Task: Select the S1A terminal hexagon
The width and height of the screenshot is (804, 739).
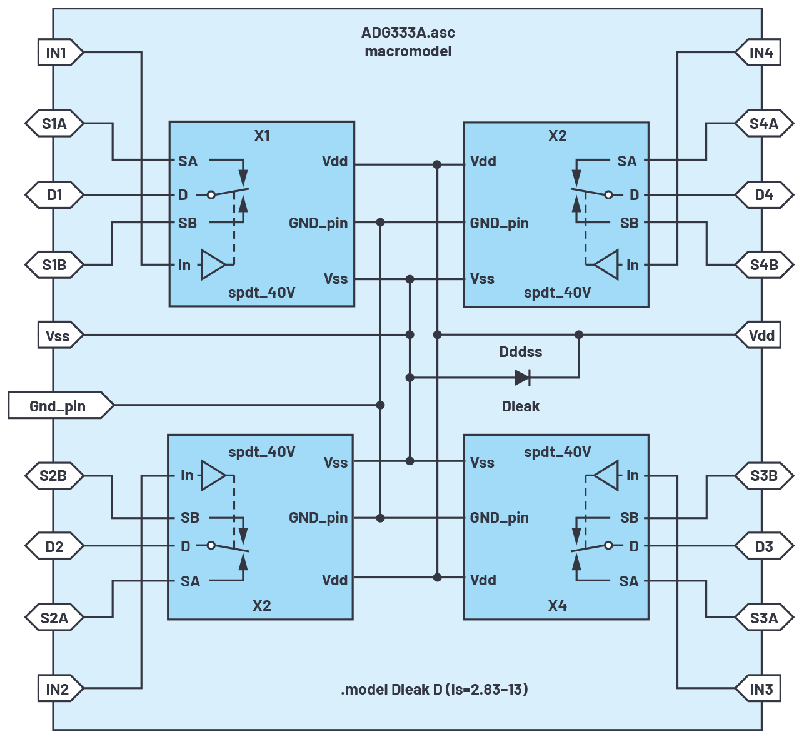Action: (x=54, y=124)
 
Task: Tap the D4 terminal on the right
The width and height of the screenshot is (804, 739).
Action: (x=765, y=195)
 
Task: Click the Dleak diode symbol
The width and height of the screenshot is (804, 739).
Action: (x=523, y=378)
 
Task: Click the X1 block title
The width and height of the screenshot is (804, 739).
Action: (x=262, y=136)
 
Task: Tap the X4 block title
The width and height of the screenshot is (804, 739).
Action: (x=557, y=605)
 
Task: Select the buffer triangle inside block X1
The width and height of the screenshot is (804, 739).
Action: (x=213, y=265)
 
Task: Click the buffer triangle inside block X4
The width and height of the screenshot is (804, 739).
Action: (x=606, y=476)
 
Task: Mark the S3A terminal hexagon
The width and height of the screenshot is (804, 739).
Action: (x=765, y=618)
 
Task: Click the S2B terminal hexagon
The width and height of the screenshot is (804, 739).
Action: (x=54, y=476)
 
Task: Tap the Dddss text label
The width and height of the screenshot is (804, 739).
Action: (x=521, y=352)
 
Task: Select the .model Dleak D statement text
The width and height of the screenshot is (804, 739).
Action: (x=435, y=689)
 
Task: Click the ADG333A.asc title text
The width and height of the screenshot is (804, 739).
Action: (x=408, y=33)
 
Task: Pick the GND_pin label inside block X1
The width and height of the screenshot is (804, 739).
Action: (x=318, y=223)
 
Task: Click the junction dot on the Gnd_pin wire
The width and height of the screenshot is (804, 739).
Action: (x=380, y=405)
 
